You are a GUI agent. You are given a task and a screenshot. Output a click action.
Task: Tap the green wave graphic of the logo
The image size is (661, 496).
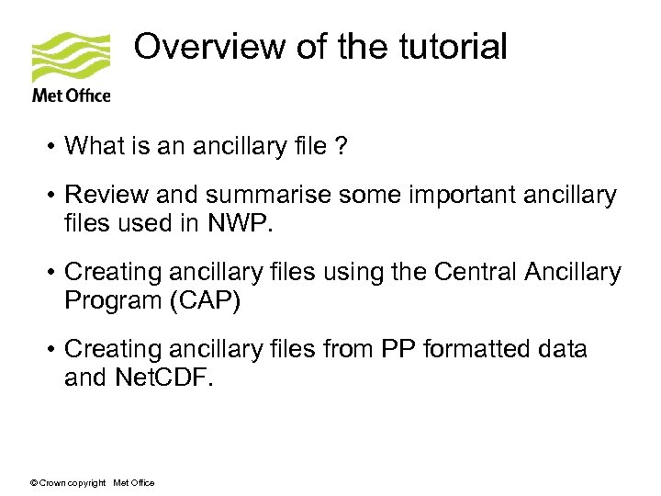[71, 58]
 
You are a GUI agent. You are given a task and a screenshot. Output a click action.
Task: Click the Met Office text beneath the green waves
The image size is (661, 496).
[71, 96]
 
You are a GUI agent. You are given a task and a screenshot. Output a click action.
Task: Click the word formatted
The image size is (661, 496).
[469, 350]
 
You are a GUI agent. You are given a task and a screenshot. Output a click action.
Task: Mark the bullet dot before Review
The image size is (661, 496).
[54, 197]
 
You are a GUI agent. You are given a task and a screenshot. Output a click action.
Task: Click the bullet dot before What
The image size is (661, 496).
[54, 146]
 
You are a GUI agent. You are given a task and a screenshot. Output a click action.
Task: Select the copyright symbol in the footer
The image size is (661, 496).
[35, 483]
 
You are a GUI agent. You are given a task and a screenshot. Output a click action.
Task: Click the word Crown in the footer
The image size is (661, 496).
[52, 483]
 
